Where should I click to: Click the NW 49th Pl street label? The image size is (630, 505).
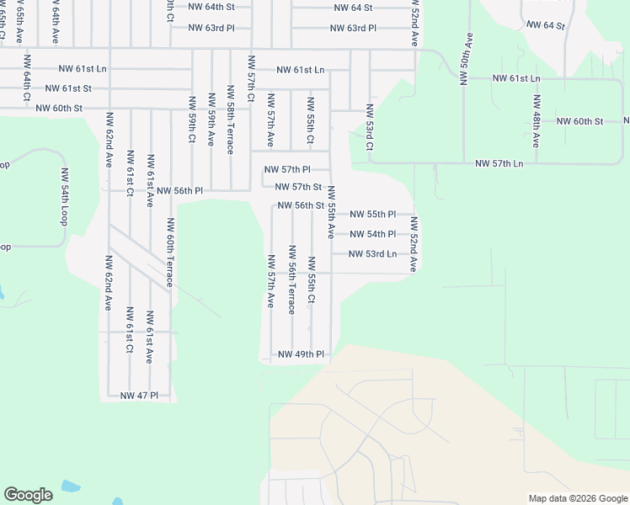[302, 354]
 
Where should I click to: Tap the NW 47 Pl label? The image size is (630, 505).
[139, 395]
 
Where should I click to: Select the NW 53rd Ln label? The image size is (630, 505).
[373, 253]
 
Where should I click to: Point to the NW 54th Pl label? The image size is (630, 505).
[372, 234]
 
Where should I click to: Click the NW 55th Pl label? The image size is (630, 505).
[372, 215]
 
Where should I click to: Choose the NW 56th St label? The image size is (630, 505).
[301, 205]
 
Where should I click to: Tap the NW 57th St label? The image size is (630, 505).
[299, 187]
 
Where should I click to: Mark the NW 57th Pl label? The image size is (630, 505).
[287, 169]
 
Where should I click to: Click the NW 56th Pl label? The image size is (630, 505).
[180, 191]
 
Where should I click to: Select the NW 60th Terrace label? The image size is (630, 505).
[170, 252]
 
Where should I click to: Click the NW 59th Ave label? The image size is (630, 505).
[211, 128]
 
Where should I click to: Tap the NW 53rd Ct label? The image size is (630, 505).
[369, 128]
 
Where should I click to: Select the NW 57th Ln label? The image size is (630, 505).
[499, 162]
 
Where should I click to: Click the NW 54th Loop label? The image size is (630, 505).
[64, 195]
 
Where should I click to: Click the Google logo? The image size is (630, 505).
[28, 495]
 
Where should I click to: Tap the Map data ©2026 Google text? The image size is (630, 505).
[577, 498]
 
